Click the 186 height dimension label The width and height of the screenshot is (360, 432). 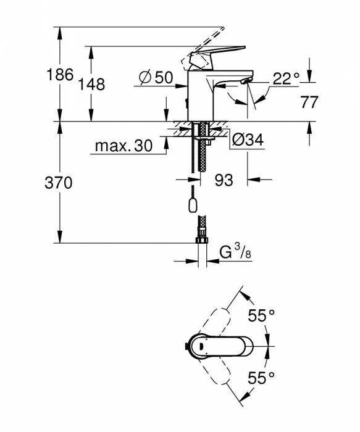click(60, 75)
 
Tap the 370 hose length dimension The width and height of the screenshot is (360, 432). click(60, 183)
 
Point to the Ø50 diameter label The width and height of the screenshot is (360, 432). click(155, 77)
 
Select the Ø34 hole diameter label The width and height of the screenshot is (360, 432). click(247, 141)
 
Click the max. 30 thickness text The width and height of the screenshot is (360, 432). click(123, 146)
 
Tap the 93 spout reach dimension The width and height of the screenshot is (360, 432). click(224, 180)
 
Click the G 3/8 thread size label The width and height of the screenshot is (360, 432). click(235, 252)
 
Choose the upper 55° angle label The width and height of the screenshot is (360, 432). click(261, 315)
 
